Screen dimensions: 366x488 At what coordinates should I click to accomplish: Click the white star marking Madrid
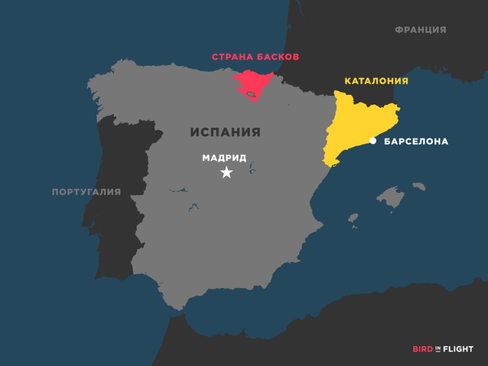click(x=227, y=173)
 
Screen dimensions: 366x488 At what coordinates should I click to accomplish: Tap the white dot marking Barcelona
click(x=373, y=141)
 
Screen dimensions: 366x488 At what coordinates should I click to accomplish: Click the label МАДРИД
click(x=224, y=158)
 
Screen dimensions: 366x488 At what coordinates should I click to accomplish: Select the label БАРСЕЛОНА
click(x=416, y=142)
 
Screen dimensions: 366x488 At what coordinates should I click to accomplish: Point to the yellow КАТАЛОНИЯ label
click(x=376, y=81)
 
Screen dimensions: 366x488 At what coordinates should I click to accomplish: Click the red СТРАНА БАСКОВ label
click(x=255, y=56)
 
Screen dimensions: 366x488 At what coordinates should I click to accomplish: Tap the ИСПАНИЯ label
click(x=225, y=132)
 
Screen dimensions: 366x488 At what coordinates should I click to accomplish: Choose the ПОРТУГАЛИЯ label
click(x=86, y=192)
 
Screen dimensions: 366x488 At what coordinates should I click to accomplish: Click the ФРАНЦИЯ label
click(x=420, y=30)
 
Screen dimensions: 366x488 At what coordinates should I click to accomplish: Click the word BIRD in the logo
click(x=423, y=349)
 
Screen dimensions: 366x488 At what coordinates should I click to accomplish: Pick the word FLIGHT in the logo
click(x=459, y=349)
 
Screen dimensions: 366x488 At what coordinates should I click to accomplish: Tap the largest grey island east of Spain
click(x=390, y=197)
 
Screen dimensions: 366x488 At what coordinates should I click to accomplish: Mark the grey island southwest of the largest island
click(x=353, y=218)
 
